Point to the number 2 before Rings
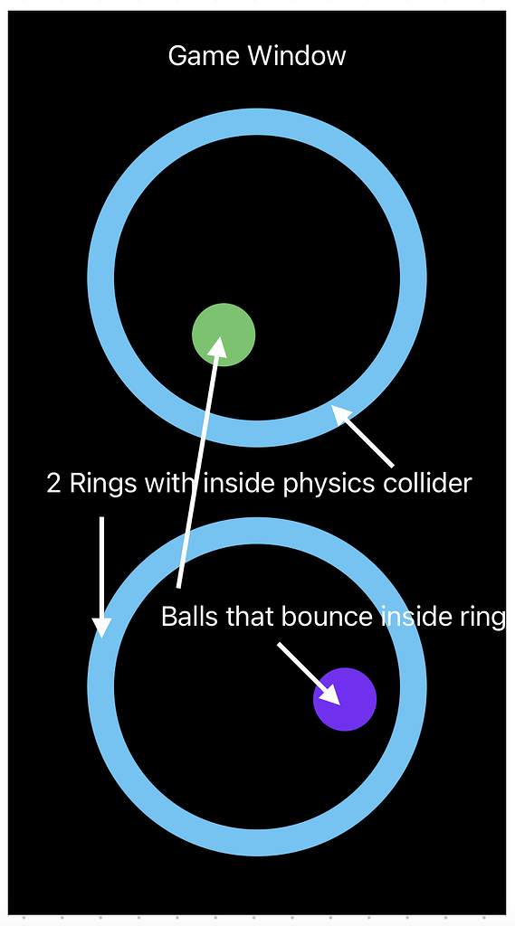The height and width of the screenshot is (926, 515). [53, 483]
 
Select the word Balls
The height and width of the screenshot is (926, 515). [190, 617]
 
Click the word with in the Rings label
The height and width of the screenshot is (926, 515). [169, 483]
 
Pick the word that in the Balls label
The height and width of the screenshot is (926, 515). [252, 617]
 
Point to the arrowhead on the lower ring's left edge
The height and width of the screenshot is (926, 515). [101, 626]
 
